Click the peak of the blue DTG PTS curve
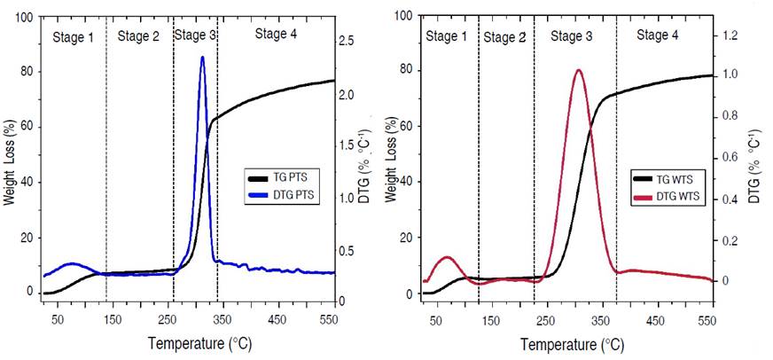click(202, 58)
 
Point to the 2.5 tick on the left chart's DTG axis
click(350, 41)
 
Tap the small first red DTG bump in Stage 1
click(448, 257)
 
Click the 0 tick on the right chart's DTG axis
click(725, 281)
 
